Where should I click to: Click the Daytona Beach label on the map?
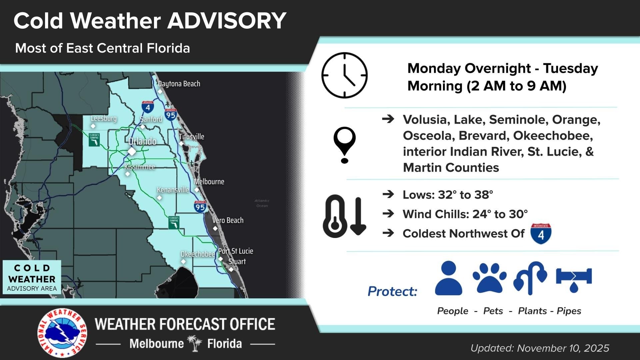tap(179, 84)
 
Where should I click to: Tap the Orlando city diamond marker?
tap(132, 151)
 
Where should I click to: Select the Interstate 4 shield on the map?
tap(148, 107)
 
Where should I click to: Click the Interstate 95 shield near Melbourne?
tap(200, 207)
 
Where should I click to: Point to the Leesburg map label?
tap(104, 118)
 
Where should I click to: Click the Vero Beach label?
tap(228, 220)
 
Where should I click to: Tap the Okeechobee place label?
tap(198, 254)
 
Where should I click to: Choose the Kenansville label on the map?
tap(173, 190)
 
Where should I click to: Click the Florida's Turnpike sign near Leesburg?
tap(94, 140)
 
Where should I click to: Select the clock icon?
tap(344, 75)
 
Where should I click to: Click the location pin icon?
tap(344, 145)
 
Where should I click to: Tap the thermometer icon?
tap(334, 216)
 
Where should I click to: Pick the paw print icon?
tap(489, 278)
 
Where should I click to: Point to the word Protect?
tap(392, 291)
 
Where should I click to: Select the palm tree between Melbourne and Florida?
tap(195, 343)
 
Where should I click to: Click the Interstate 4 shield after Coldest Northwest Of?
tap(541, 234)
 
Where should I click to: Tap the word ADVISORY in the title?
tap(227, 21)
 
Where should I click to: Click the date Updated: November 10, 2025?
tap(539, 348)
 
